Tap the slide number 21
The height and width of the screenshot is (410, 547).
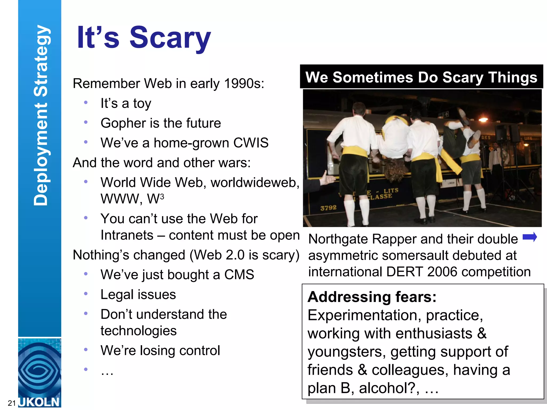pos(11,403)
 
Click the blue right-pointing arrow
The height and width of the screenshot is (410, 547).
pos(529,237)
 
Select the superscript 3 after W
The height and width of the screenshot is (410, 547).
pos(162,197)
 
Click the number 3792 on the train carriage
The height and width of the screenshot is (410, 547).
pos(328,208)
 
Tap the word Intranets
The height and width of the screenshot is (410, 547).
pos(127,235)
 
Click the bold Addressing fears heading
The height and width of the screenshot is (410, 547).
pos(372,297)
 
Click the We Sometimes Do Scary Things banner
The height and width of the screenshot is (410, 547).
pos(421,77)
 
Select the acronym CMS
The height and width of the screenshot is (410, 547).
pos(239,275)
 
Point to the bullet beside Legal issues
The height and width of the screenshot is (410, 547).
pos(86,294)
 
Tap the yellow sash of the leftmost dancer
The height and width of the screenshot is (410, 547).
pos(354,152)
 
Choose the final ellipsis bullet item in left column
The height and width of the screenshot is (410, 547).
pos(107,371)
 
